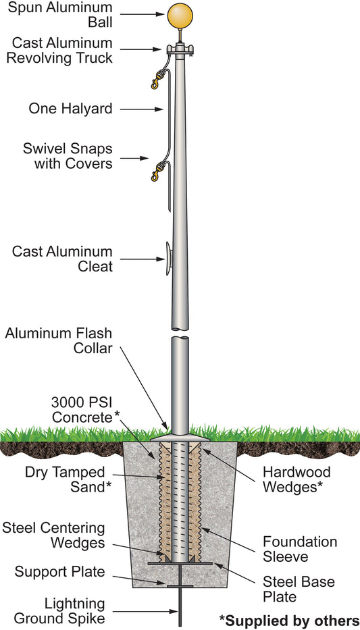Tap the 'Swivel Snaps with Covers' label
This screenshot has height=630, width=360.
(73, 155)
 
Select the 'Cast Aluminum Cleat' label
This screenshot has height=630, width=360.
(62, 259)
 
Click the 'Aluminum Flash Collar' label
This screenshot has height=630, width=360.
(58, 342)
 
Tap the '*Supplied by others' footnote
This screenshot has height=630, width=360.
(288, 621)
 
